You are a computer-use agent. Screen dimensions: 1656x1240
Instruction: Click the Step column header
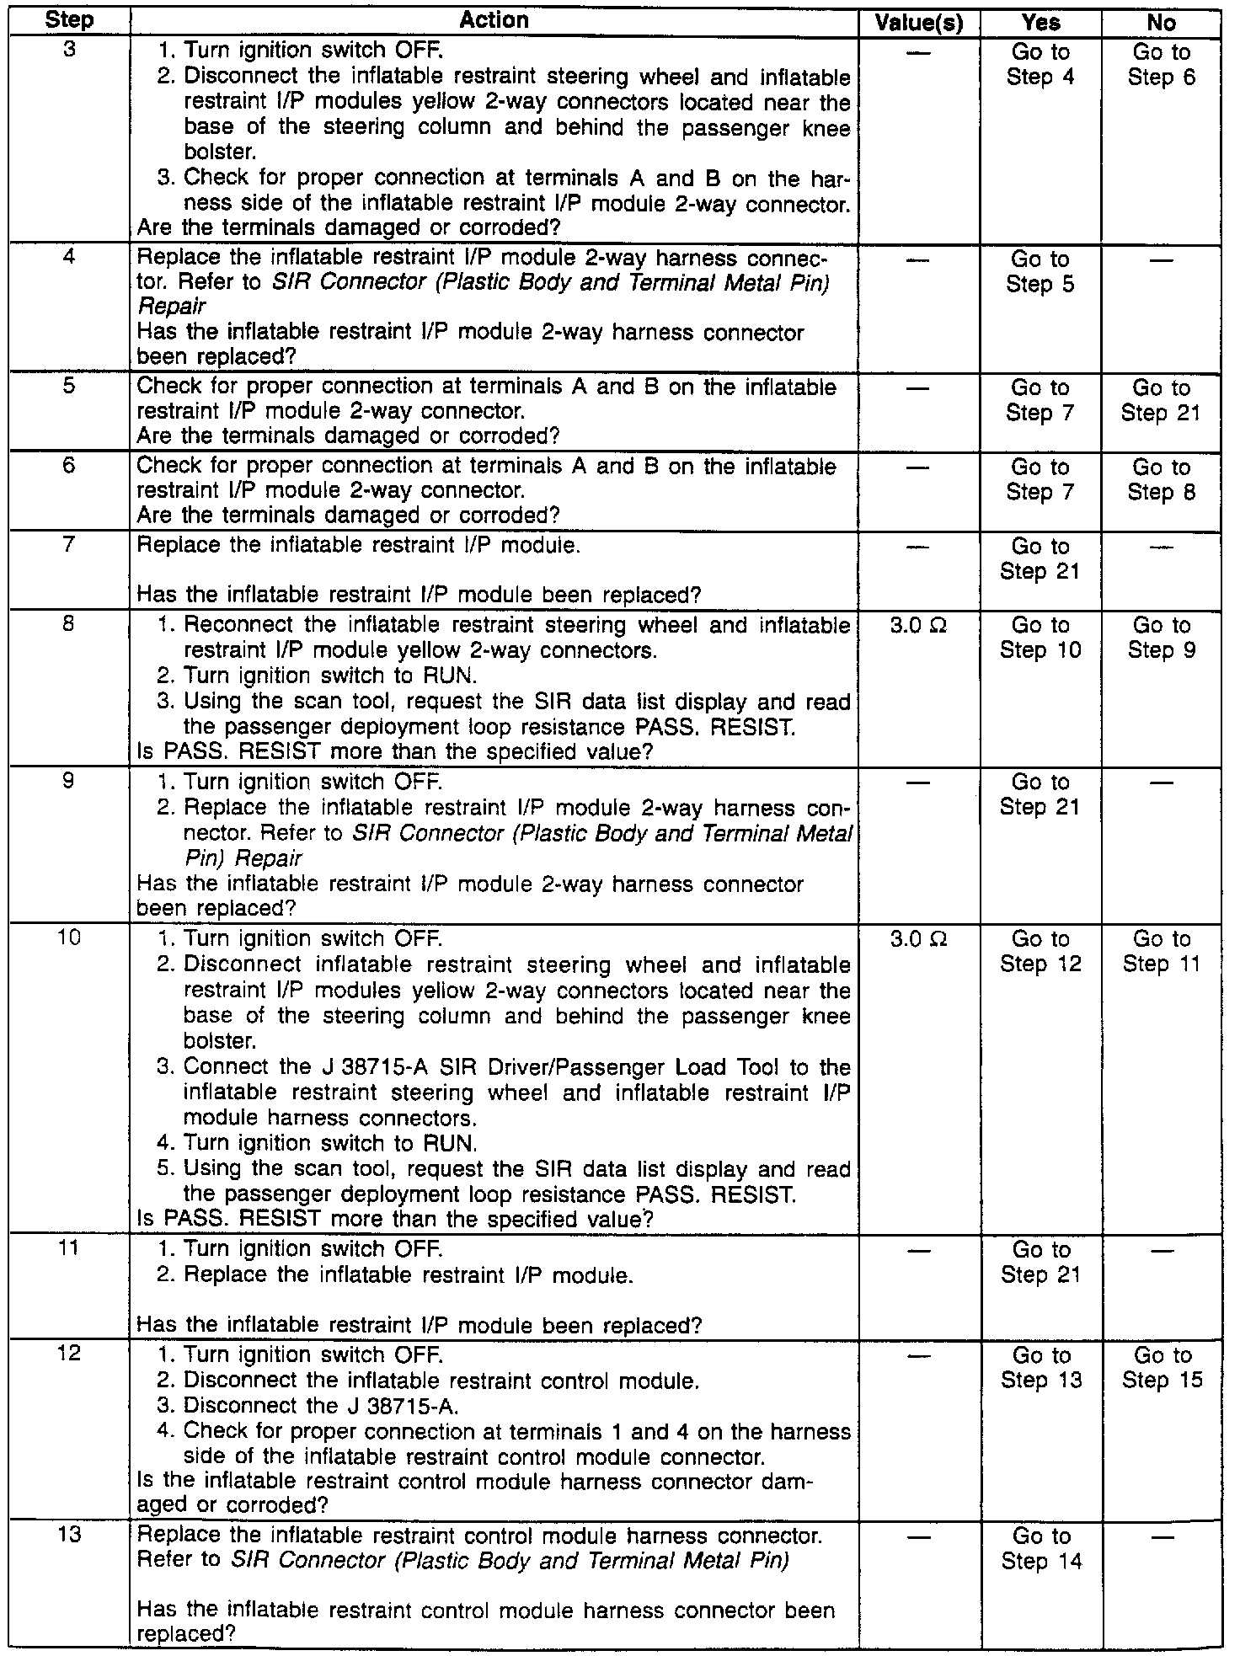(70, 21)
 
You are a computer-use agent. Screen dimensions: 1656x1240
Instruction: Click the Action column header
(494, 21)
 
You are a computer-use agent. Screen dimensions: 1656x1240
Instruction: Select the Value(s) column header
(919, 23)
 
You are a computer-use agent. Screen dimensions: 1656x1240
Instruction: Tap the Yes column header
(1041, 23)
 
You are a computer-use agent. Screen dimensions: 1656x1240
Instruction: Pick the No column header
(1162, 23)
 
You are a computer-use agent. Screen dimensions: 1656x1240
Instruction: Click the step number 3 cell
(70, 51)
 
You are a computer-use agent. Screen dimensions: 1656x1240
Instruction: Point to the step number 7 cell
(70, 545)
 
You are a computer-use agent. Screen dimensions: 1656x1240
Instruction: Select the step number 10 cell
(70, 938)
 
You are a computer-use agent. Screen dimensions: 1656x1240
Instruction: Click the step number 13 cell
(70, 1536)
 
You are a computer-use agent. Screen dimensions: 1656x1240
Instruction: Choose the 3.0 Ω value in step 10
(919, 938)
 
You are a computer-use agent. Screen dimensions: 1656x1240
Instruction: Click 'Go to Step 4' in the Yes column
(1041, 65)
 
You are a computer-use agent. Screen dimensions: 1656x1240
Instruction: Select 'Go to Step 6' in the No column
(1162, 65)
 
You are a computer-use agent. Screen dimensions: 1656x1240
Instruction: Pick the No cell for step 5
(1161, 400)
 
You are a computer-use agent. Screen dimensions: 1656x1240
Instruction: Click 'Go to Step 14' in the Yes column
(1041, 1549)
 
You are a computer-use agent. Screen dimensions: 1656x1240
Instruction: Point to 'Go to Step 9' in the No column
(1162, 638)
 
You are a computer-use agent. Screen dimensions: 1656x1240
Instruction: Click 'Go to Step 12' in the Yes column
(1041, 951)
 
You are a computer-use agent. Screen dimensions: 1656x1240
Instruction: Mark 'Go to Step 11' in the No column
(1162, 951)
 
